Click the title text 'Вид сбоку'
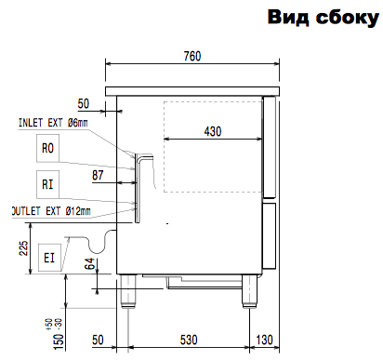[x=324, y=17]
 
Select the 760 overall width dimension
[x=192, y=56]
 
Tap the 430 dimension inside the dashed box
[x=213, y=131]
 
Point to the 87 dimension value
[x=98, y=175]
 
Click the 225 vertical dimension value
[x=24, y=248]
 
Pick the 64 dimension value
[x=89, y=263]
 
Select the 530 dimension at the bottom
[x=189, y=340]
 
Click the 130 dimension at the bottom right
[x=264, y=340]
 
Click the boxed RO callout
[x=47, y=148]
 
